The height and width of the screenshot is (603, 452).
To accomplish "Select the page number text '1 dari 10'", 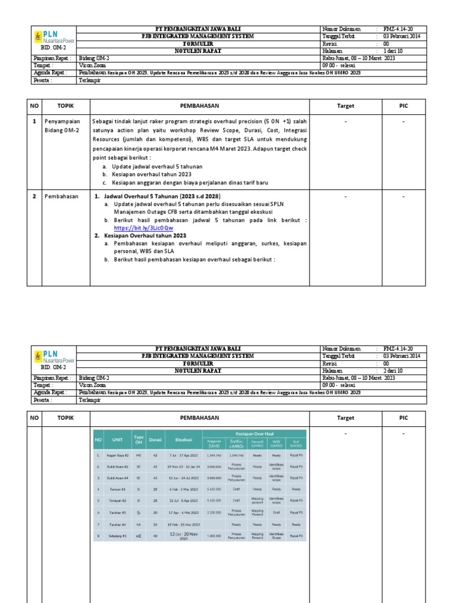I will coord(393,50).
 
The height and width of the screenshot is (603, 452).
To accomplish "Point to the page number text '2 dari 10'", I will coord(393,371).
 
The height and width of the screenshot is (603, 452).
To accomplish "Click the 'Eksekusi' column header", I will coord(179,439).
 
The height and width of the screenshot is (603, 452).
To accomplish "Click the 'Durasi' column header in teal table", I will coord(155,439).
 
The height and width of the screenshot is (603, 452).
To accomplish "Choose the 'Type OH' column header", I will coord(139,439).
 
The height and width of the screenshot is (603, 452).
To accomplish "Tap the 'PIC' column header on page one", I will coord(403,106).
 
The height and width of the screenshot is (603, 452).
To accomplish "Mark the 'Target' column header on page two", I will coord(345,418).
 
